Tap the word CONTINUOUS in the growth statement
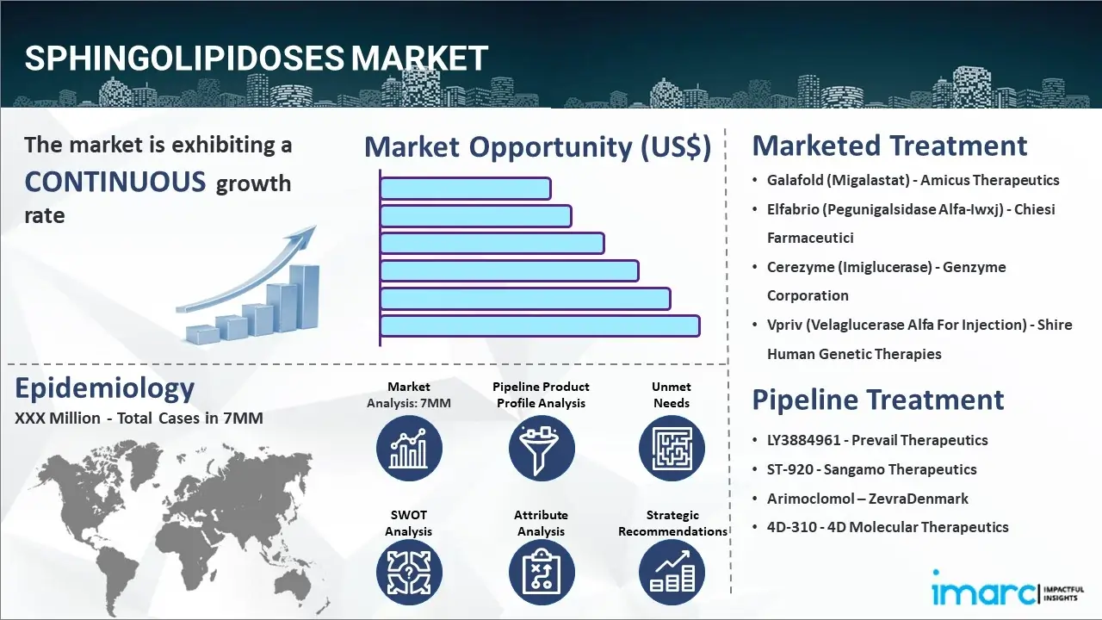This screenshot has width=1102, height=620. click(115, 182)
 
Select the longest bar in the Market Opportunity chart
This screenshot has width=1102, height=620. click(539, 325)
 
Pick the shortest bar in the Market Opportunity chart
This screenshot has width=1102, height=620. click(465, 188)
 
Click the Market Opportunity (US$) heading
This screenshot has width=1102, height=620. click(537, 147)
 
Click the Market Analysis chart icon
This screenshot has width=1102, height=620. click(409, 448)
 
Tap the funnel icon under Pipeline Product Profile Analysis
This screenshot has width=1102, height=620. click(541, 448)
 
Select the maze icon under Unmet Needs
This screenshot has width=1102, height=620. click(672, 448)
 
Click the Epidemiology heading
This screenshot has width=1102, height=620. click(104, 388)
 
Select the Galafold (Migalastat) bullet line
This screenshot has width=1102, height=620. click(913, 180)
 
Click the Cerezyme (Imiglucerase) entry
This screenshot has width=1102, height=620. click(886, 267)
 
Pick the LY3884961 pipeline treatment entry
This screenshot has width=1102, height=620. click(877, 440)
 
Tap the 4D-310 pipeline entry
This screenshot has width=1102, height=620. click(887, 527)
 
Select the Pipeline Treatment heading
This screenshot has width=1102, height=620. click(878, 400)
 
